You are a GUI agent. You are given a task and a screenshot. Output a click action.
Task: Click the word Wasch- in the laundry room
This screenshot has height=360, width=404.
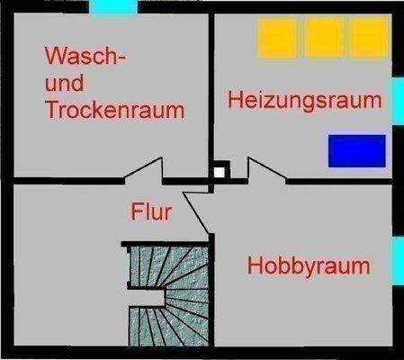(85, 57)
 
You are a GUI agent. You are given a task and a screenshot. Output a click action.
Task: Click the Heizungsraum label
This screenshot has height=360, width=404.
(303, 99)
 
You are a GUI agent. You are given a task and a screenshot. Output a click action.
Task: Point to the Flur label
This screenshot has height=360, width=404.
(151, 212)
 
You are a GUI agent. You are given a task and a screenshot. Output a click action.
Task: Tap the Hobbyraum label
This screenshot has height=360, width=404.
(309, 266)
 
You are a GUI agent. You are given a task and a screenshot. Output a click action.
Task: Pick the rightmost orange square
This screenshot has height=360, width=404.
(367, 39)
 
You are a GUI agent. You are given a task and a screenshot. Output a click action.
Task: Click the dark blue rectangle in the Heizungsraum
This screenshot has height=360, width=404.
(355, 150)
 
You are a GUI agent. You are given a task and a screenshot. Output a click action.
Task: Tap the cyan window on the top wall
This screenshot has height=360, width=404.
(113, 6)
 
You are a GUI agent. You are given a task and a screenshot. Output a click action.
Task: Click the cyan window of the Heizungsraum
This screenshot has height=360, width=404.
(397, 99)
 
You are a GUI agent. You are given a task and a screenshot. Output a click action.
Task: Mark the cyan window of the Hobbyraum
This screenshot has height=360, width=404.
(397, 259)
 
